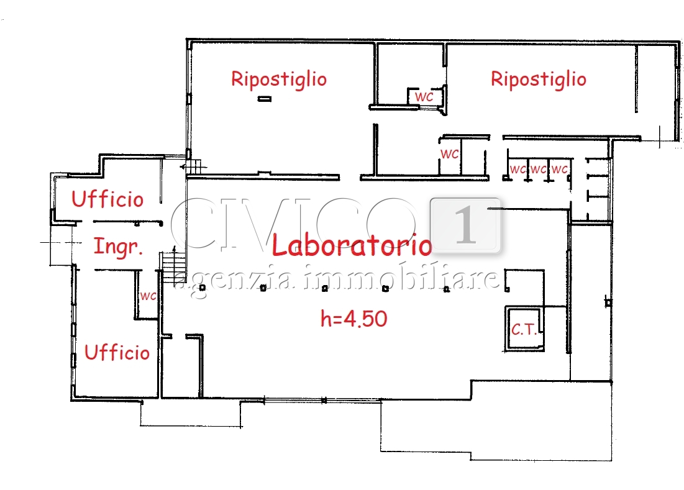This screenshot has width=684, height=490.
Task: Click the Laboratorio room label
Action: (x=352, y=245)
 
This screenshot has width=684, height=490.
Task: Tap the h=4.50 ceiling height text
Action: (x=353, y=319)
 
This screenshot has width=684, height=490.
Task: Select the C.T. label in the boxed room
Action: (x=524, y=330)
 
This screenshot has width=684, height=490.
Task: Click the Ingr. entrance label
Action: (x=118, y=247)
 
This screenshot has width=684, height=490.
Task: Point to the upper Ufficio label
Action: (x=107, y=199)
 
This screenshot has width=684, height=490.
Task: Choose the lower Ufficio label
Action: (x=117, y=352)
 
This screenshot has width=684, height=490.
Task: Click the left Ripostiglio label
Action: (x=279, y=79)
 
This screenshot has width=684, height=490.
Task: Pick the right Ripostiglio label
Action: (x=538, y=79)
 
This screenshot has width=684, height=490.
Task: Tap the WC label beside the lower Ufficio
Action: (x=148, y=296)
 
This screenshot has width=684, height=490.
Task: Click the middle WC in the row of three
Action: (x=538, y=169)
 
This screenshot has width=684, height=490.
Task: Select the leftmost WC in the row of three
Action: (x=518, y=169)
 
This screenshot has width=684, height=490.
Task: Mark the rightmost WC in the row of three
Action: (x=559, y=169)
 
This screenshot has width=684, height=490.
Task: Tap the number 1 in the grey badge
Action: (x=465, y=225)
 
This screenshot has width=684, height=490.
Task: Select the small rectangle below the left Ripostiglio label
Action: (x=265, y=99)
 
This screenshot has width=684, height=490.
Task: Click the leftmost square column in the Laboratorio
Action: (x=202, y=288)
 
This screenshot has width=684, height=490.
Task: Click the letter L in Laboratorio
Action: (x=279, y=244)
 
